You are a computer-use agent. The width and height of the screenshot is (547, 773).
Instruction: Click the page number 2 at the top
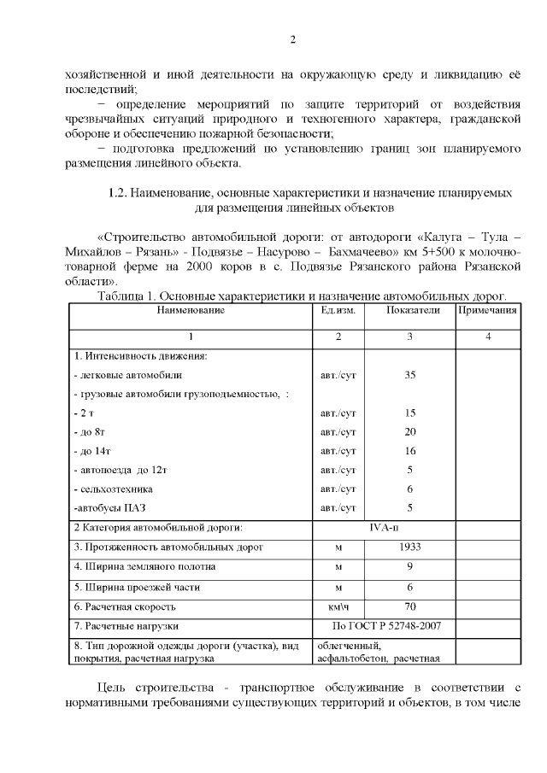292,39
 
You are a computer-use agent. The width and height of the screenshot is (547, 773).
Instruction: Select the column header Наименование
190,310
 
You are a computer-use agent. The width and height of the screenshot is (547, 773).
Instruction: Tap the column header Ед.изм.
338,310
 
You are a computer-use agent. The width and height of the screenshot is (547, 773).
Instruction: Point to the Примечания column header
487,310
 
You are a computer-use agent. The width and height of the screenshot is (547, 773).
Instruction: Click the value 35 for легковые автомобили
409,374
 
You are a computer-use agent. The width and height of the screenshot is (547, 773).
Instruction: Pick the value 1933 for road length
409,546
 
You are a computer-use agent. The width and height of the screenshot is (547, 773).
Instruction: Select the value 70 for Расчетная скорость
409,606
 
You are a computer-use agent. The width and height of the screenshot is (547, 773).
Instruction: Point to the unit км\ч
338,607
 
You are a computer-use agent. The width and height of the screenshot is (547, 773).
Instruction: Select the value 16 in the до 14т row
409,450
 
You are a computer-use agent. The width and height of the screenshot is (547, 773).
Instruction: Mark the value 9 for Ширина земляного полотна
409,566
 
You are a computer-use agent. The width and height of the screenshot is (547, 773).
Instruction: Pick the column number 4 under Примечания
487,337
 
